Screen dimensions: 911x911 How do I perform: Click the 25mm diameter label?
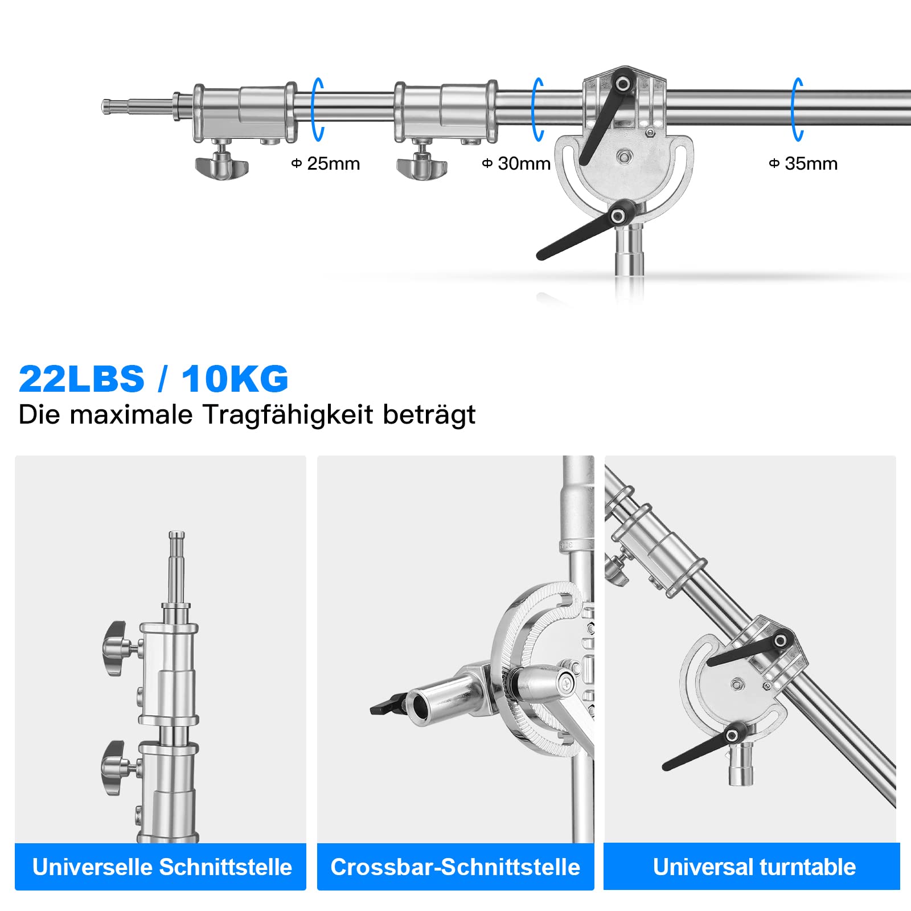coord(326,164)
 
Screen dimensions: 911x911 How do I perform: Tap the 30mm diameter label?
coord(516,164)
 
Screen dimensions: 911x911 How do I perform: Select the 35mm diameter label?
coord(803,164)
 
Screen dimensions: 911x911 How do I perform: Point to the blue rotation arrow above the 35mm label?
coord(797,109)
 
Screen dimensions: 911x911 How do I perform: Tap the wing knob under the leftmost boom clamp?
coord(222,167)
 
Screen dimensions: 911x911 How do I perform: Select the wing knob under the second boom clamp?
coord(422,167)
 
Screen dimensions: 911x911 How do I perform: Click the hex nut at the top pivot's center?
coord(625,155)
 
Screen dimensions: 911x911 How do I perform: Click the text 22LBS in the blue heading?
coord(81,379)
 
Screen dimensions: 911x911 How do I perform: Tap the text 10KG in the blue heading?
coord(235,379)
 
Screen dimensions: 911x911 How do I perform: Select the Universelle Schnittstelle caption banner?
coord(161,867)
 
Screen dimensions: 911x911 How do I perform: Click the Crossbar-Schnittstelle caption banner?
coord(455,867)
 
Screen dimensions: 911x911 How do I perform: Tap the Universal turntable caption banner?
coord(753,867)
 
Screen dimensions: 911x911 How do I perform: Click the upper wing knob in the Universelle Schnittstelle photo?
coord(116,649)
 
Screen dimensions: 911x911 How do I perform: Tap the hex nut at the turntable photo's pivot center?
coord(737,683)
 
